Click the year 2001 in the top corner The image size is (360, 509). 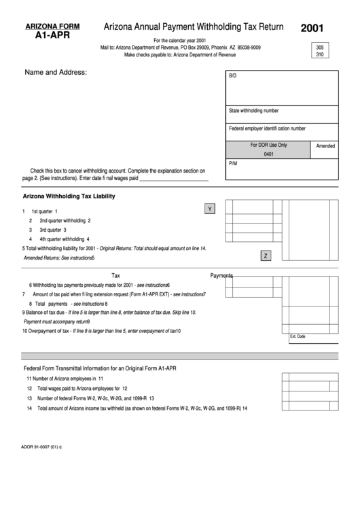pyautogui.click(x=313, y=29)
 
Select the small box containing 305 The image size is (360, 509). pyautogui.click(x=319, y=48)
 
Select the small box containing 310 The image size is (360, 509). pyautogui.click(x=319, y=54)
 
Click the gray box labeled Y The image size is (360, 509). pyautogui.click(x=210, y=209)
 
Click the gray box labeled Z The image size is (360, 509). pyautogui.click(x=266, y=256)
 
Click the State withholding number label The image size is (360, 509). pyautogui.click(x=253, y=111)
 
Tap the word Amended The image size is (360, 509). pyautogui.click(x=326, y=145)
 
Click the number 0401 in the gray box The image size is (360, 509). pyautogui.click(x=268, y=154)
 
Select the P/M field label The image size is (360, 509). pyautogui.click(x=234, y=164)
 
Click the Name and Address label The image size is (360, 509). pyautogui.click(x=56, y=72)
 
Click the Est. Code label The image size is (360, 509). pyautogui.click(x=298, y=336)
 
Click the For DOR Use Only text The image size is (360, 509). pyautogui.click(x=268, y=145)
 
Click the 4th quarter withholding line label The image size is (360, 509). pyautogui.click(x=65, y=239)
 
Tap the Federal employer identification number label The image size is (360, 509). pyautogui.click(x=267, y=128)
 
